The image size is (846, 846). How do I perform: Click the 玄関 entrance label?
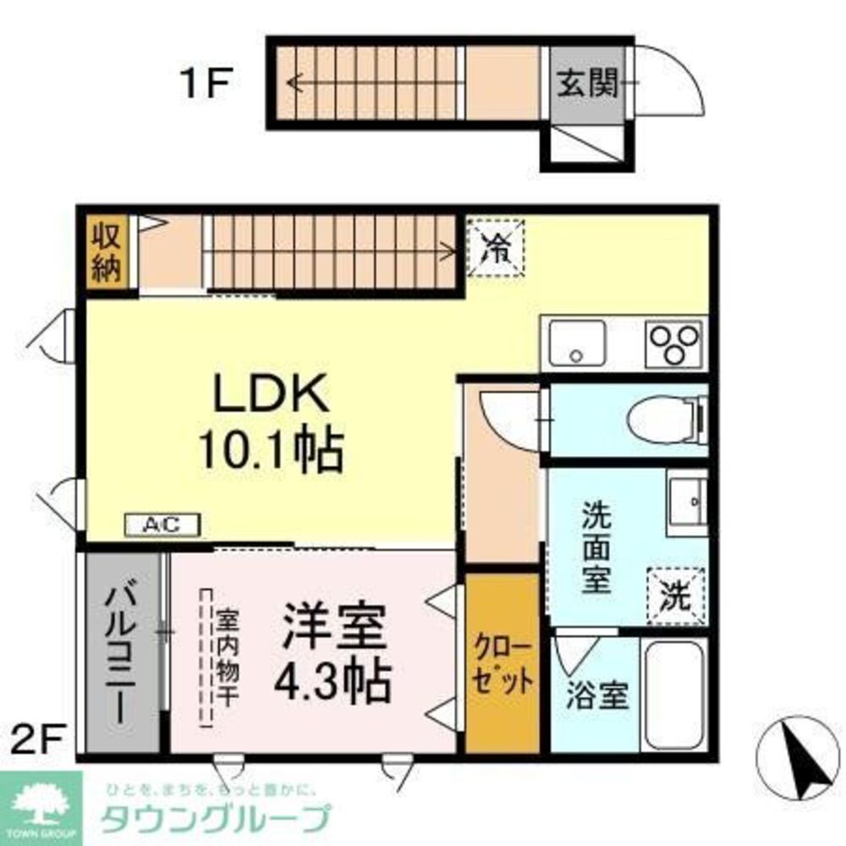pyautogui.click(x=588, y=83)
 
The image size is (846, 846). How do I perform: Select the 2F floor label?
pyautogui.click(x=38, y=739)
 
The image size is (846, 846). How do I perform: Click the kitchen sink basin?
pyautogui.click(x=577, y=343)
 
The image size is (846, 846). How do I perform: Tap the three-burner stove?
pyautogui.click(x=674, y=343)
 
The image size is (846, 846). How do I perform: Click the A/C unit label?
pyautogui.click(x=162, y=525)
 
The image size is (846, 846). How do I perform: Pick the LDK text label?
pyautogui.click(x=272, y=393)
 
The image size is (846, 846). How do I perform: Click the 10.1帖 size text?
pyautogui.click(x=272, y=451)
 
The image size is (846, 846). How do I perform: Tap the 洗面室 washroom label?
pyautogui.click(x=596, y=547)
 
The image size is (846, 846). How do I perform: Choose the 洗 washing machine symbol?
pyautogui.click(x=675, y=596)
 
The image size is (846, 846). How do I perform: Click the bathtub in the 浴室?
pyautogui.click(x=674, y=695)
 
